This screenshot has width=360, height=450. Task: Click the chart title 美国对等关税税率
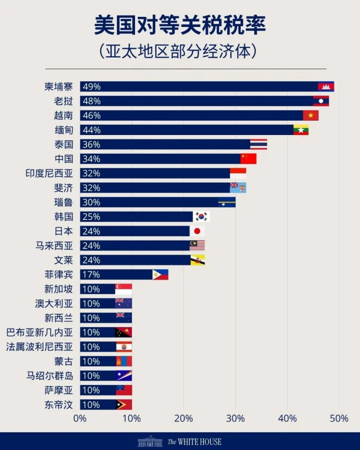pos(180,25)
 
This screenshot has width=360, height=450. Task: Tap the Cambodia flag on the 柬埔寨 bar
pos(326,87)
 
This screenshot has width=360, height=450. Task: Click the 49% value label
pos(92,87)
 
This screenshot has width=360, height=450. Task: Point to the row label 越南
pos(63,115)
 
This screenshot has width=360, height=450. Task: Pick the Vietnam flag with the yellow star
pos(310,115)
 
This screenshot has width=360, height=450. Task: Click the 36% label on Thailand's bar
pos(92,144)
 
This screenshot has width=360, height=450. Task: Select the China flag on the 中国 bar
pos(248,159)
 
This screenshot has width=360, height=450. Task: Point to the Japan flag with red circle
pos(197,231)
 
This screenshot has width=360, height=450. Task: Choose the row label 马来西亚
pos(54,246)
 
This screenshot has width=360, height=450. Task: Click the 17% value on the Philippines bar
pos(91,274)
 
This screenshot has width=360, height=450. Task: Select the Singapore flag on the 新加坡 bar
pos(124,289)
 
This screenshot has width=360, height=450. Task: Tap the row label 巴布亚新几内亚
pos(39,332)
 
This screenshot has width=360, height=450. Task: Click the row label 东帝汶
pos(58,405)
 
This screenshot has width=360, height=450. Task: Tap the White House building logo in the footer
pos(150,441)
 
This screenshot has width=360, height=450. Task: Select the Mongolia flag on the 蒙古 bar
pos(124,361)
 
